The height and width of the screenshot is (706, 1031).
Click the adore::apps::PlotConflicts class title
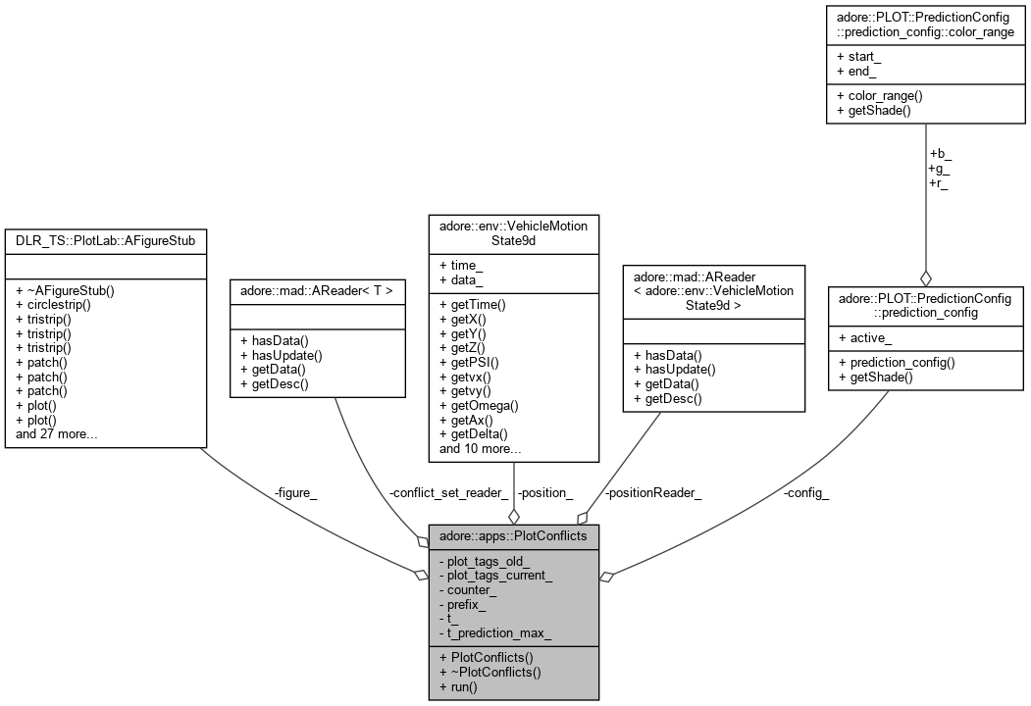(513, 537)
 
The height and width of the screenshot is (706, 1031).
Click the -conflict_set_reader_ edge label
(448, 493)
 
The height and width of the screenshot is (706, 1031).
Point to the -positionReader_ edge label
(653, 493)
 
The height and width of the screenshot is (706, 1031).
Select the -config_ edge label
(805, 493)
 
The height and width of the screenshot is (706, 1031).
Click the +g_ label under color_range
(939, 168)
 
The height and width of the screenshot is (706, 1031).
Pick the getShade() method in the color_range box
(875, 111)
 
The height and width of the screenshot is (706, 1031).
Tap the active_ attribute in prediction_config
(867, 338)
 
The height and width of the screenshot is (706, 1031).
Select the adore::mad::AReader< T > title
(317, 290)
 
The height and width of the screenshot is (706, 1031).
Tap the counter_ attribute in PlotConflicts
(471, 590)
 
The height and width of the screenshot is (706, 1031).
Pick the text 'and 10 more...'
(481, 448)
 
